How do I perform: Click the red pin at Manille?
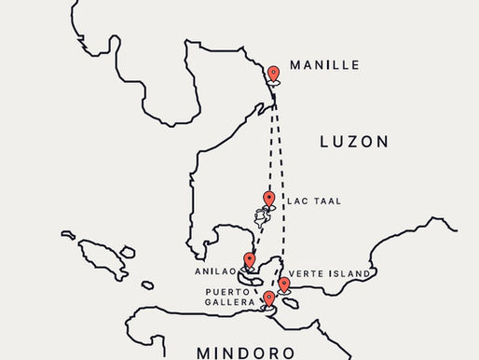(x=273, y=74)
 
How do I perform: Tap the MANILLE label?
(x=324, y=65)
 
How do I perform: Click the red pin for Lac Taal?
(x=269, y=198)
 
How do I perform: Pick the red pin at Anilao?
(x=249, y=260)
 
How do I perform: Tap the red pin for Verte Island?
(x=283, y=284)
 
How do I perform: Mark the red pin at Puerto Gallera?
(x=269, y=298)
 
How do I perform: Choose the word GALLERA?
(x=229, y=302)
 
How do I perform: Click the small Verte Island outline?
(x=289, y=303)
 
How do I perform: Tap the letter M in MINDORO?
(x=204, y=353)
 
